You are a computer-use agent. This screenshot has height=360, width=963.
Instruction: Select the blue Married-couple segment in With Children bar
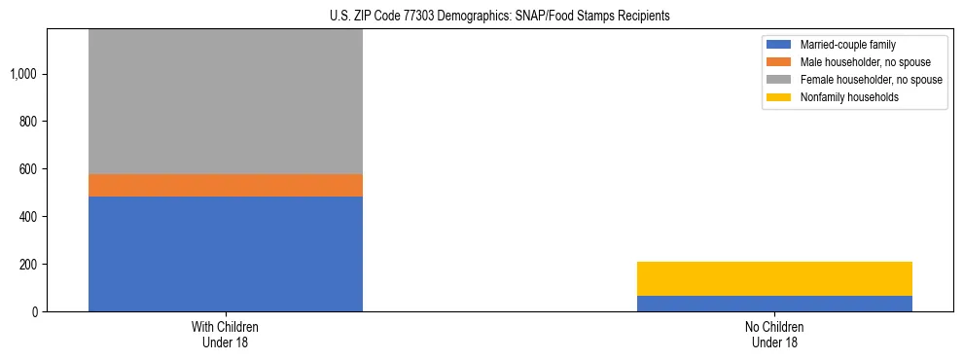click(x=226, y=254)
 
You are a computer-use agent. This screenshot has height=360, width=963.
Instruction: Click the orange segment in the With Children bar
click(x=226, y=185)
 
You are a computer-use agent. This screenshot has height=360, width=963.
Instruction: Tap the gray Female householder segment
click(x=226, y=102)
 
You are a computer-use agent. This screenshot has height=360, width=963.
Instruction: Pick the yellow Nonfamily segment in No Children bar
click(x=774, y=278)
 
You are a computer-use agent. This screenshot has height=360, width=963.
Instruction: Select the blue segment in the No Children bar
click(x=774, y=304)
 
